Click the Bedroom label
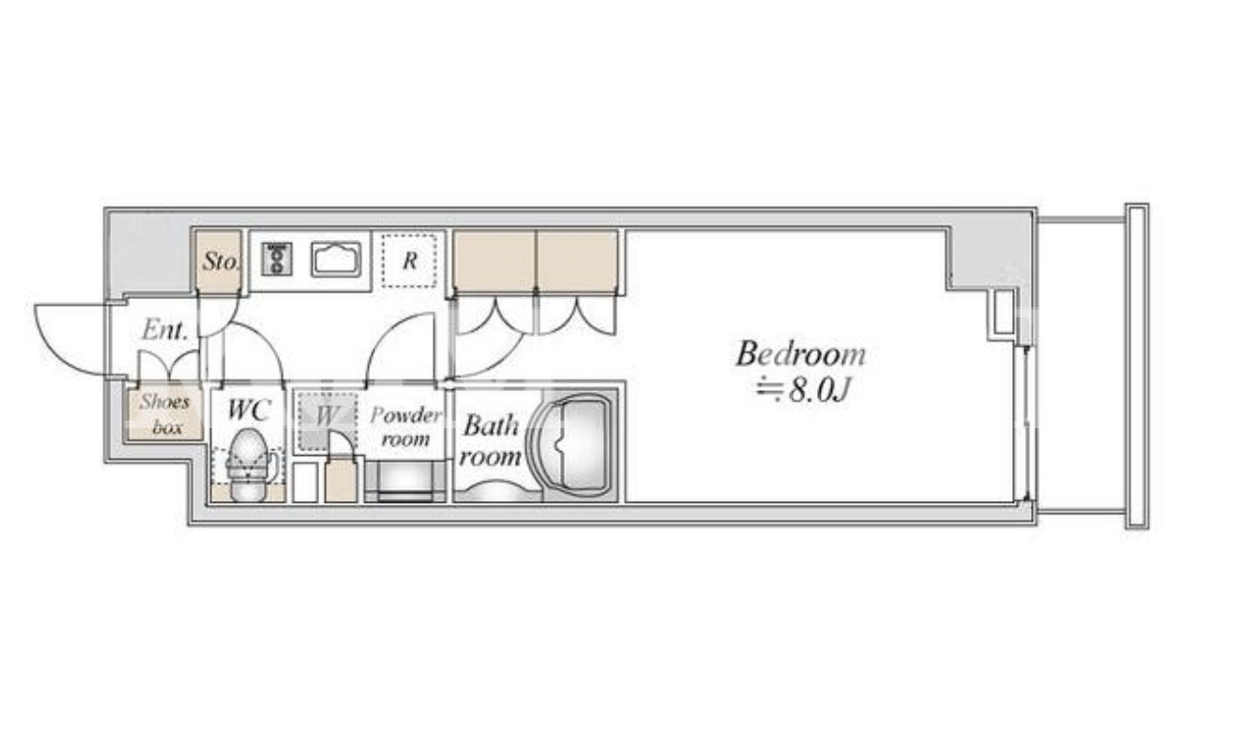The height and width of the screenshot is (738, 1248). (801, 354)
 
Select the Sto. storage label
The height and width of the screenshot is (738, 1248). (221, 261)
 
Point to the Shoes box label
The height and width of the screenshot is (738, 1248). (165, 414)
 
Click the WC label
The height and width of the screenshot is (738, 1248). (248, 410)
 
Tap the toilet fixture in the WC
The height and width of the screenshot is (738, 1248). (249, 465)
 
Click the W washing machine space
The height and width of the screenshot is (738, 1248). (327, 421)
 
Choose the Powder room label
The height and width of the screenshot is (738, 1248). (406, 426)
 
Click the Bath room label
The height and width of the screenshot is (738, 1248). (490, 441)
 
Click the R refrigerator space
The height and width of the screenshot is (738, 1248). (410, 261)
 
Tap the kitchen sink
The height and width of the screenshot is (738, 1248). (336, 259)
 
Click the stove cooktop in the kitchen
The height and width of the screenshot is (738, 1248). (277, 259)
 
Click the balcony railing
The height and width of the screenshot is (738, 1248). (1136, 366)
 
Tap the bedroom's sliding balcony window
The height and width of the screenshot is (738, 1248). (1024, 423)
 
